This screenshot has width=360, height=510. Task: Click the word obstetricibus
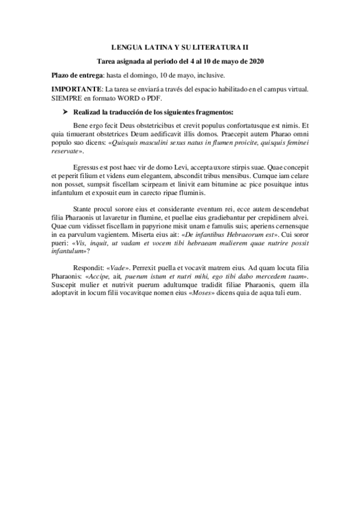point(162,126)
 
